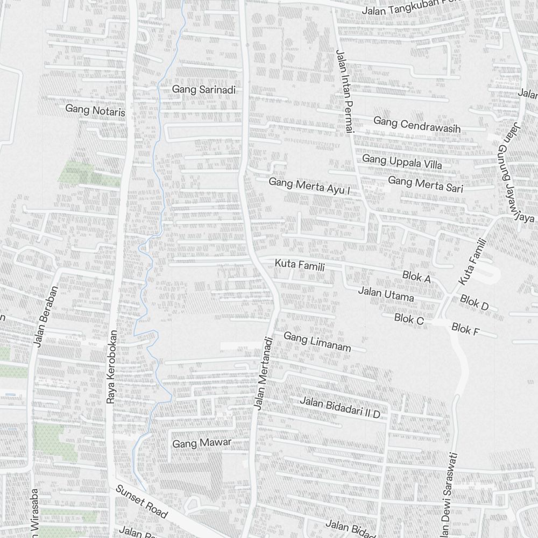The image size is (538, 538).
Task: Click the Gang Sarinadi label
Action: point(204,90)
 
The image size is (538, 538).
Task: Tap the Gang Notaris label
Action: point(95,110)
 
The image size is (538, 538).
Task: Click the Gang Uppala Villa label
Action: point(402,161)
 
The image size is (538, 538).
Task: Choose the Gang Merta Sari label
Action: point(425,183)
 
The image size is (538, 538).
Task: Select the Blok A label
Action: point(417,278)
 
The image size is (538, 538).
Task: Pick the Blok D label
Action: point(474,302)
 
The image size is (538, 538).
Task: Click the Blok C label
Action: point(409,319)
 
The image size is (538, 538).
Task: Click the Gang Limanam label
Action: point(317,342)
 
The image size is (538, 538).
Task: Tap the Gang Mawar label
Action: point(202,443)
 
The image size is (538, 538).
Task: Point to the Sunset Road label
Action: point(142,501)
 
